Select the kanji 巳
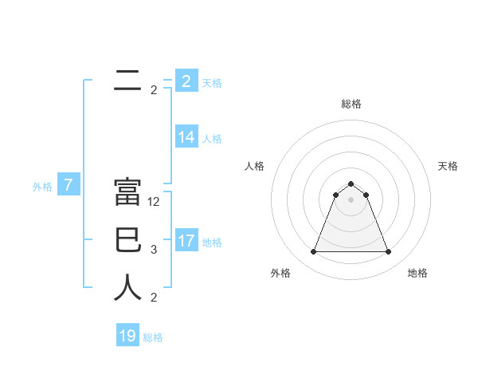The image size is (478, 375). [x=127, y=241]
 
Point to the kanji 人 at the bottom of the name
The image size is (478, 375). [x=127, y=288]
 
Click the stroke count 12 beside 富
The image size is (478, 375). [x=154, y=202]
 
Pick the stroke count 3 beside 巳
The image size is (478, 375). [x=154, y=250]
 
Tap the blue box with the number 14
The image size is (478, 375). [x=186, y=137]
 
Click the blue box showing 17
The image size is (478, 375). [x=186, y=241]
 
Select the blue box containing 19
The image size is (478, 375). [x=127, y=336]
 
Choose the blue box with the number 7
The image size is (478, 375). [x=69, y=186]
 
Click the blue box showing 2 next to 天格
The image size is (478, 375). [x=186, y=81]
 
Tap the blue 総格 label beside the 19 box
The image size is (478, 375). [x=153, y=337]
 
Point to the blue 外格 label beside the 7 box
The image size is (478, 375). [x=42, y=187]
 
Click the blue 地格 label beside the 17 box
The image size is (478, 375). [x=212, y=242]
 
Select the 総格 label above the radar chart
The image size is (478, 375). [x=351, y=104]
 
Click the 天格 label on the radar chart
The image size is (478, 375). [x=448, y=166]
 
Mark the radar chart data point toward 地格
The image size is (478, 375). [x=389, y=252]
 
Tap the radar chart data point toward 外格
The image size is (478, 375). [x=313, y=252]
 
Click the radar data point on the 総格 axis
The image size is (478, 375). [x=351, y=184]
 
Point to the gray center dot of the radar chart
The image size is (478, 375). [x=351, y=199]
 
